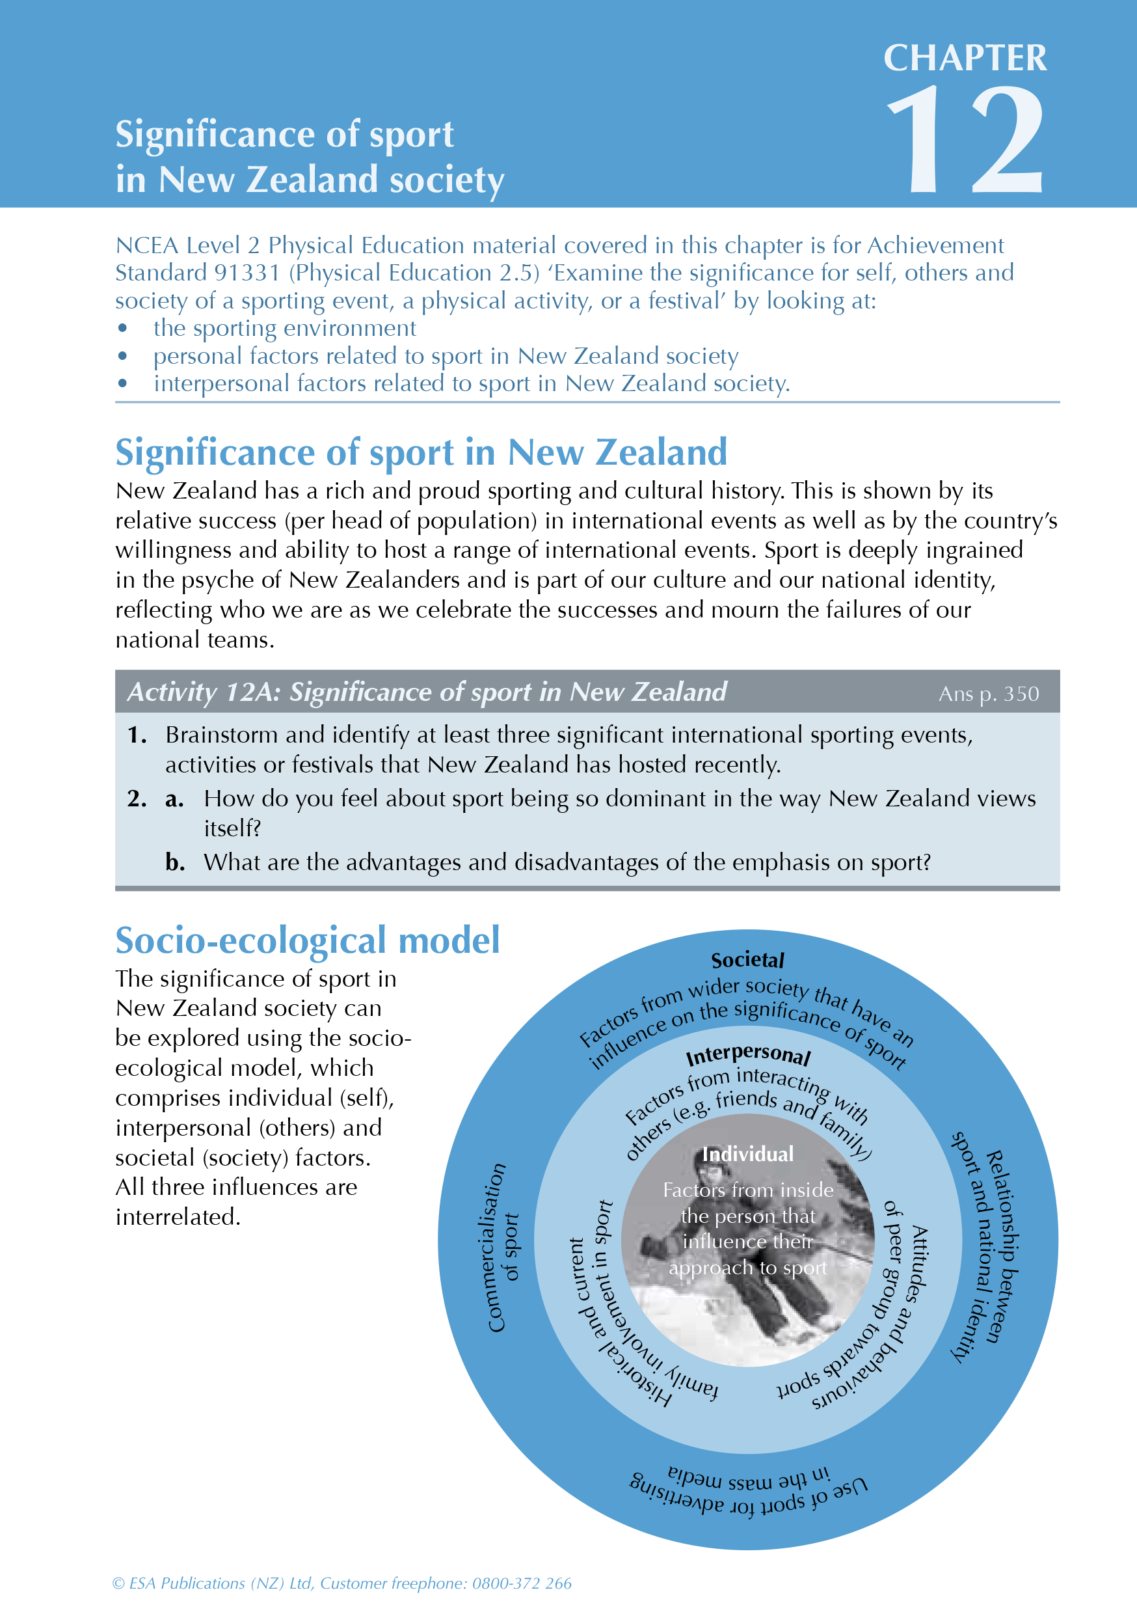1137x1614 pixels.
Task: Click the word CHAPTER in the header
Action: point(964,59)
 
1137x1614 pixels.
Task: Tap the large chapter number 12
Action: point(964,141)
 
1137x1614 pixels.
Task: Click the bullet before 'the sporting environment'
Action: point(123,328)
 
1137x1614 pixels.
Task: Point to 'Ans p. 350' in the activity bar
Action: point(988,694)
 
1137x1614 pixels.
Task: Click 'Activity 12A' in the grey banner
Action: point(204,692)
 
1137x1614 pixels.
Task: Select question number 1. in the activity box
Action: point(137,735)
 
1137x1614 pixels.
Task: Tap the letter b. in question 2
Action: point(174,862)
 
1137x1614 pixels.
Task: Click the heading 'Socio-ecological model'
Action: point(307,940)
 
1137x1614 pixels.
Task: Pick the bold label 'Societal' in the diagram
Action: point(747,960)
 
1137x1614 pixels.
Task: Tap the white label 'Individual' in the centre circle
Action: point(747,1155)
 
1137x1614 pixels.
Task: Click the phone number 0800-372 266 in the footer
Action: point(522,1583)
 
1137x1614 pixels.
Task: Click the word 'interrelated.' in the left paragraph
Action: point(178,1217)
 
